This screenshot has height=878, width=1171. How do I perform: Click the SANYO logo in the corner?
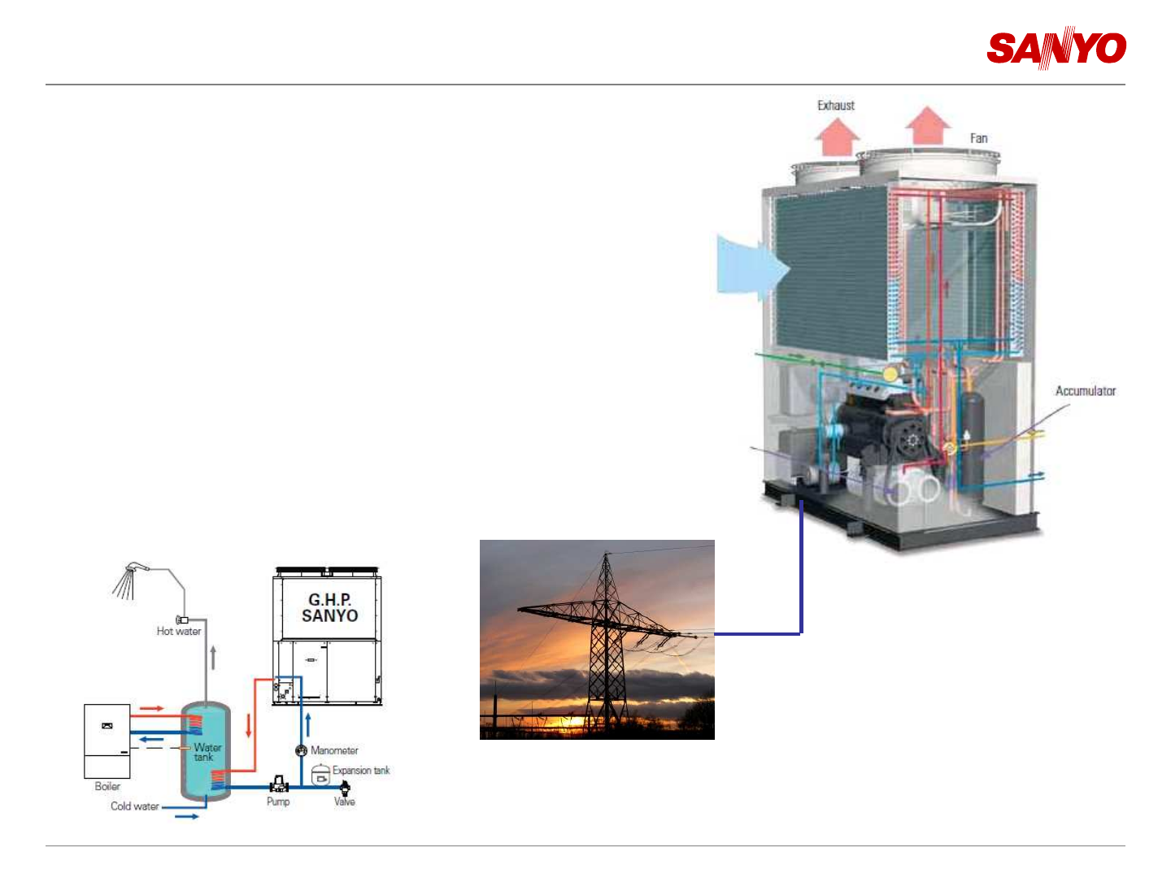pos(1056,49)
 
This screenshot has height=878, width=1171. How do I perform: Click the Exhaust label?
pos(836,106)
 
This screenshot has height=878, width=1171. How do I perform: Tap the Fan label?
pos(979,138)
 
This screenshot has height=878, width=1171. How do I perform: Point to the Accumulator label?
pos(1086,391)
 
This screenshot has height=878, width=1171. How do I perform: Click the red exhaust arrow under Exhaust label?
pos(838,137)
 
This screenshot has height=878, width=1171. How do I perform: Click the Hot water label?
pos(179,631)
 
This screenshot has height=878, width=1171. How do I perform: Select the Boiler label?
pos(107,786)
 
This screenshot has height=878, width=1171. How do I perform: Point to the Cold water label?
pos(135,806)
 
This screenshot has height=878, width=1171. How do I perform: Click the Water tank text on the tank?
pos(207,752)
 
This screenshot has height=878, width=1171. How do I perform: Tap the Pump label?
pos(278,802)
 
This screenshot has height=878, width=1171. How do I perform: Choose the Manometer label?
pos(334,750)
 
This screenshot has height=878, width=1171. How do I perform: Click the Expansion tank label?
pos(361,771)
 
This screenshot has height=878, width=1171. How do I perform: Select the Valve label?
pos(345,802)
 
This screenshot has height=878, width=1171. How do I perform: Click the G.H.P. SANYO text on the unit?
pos(329,608)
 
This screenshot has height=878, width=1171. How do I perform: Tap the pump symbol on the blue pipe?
pos(279,784)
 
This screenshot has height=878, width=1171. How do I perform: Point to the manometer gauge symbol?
pos(301,750)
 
